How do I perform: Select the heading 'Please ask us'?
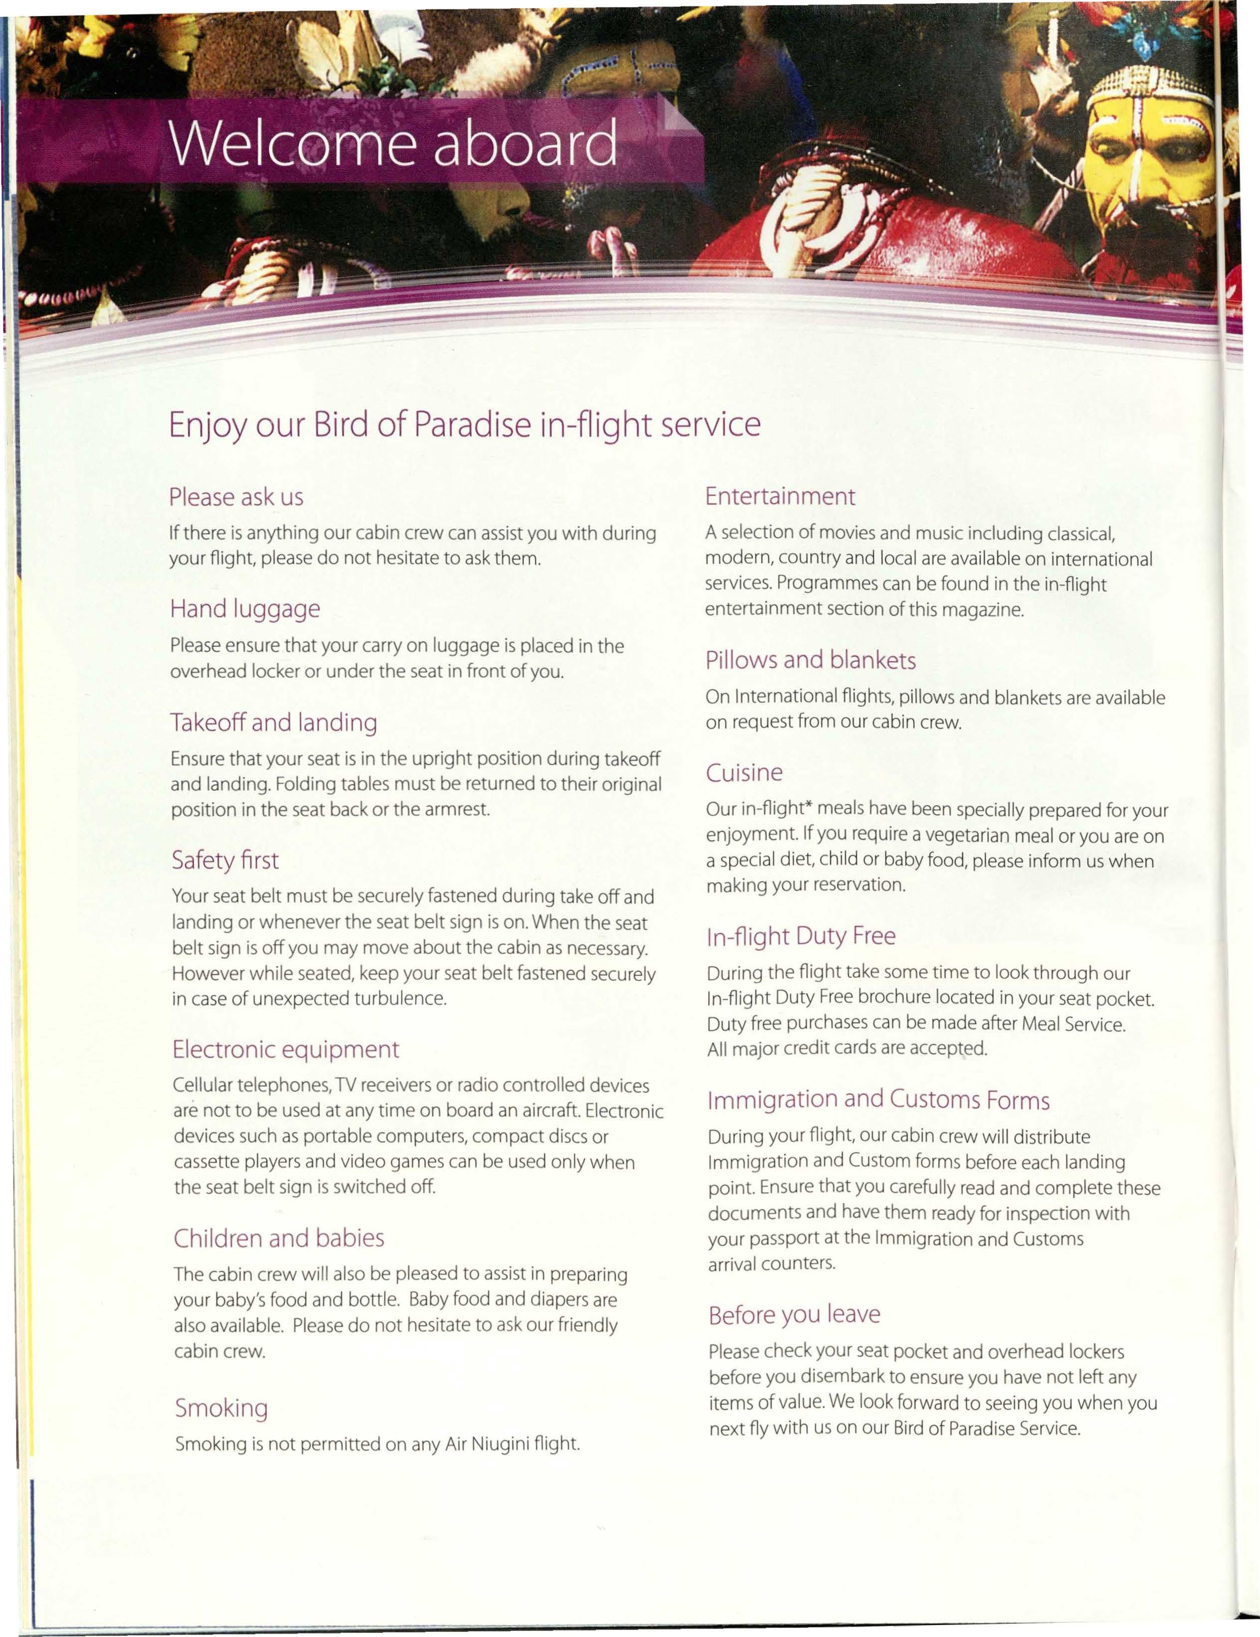(236, 497)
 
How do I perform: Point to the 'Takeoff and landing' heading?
(274, 723)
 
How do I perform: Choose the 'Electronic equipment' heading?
(286, 1049)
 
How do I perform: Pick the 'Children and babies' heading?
(279, 1238)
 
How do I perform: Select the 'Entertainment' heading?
(779, 496)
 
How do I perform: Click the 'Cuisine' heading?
(744, 773)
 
